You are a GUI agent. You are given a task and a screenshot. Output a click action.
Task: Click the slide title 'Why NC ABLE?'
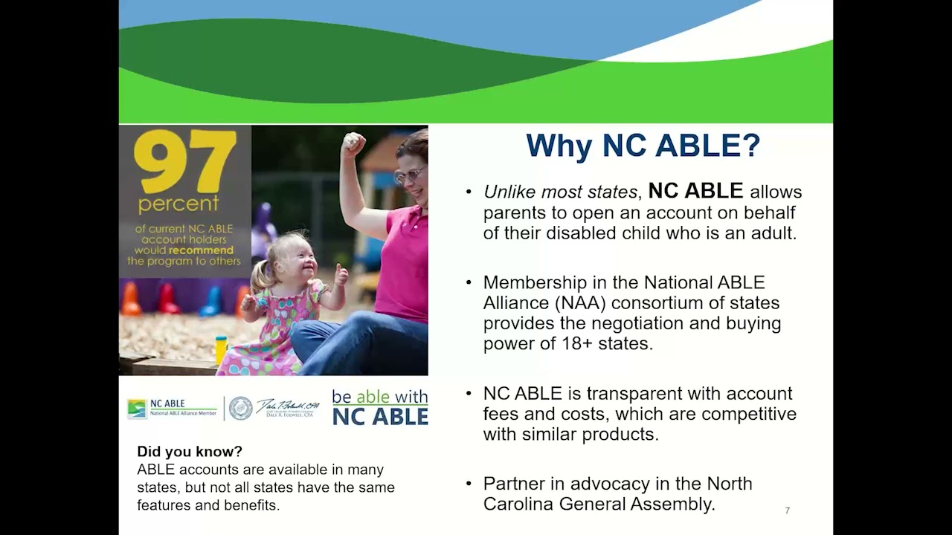643,146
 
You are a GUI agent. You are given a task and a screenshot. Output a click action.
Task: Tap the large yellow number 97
185,162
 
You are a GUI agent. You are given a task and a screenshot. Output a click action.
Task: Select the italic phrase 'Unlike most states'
560,192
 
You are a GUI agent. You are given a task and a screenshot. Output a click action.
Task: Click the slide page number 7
787,510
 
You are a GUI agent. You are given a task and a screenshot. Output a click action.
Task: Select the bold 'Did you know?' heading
190,452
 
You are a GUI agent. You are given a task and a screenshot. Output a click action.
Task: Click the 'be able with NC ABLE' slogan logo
379,407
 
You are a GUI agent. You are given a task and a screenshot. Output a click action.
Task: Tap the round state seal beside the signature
240,408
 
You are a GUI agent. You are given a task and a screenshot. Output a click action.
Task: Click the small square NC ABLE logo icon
137,409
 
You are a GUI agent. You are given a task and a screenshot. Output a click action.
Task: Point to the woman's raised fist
353,143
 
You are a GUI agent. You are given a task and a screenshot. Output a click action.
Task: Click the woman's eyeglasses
409,175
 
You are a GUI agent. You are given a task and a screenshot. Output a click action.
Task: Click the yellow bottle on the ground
220,350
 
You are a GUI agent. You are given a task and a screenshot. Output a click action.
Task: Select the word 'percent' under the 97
178,203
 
